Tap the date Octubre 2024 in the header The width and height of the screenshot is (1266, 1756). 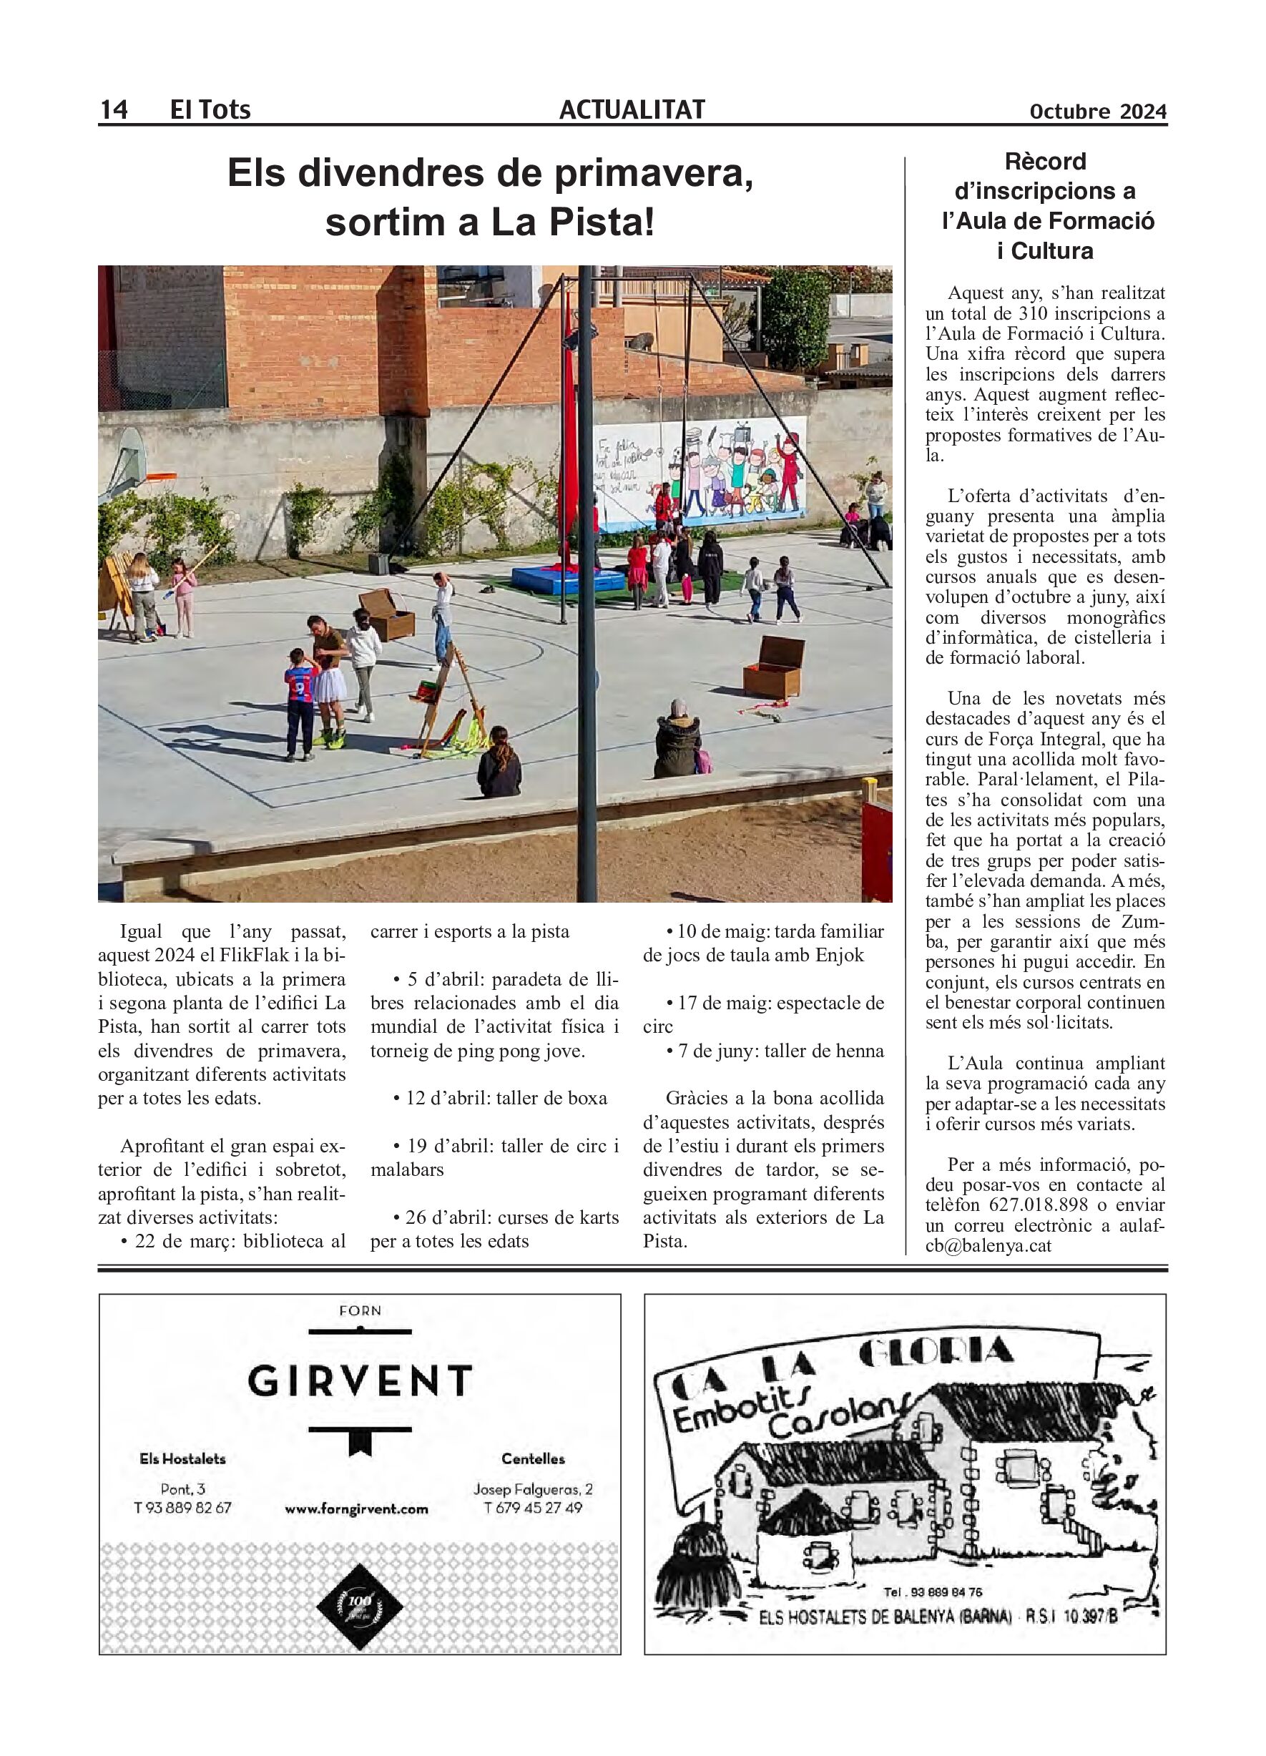click(x=1097, y=112)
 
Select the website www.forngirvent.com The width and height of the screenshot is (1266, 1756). click(x=356, y=1509)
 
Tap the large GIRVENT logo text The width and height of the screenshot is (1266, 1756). click(x=360, y=1380)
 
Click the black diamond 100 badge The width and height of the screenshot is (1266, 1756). click(x=360, y=1606)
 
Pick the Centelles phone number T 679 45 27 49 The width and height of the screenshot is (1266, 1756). click(x=533, y=1508)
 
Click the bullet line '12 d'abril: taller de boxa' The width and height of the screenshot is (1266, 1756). click(x=499, y=1098)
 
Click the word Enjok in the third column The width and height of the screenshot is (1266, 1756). click(x=840, y=956)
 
